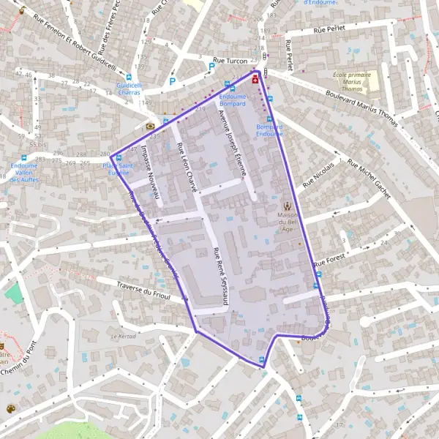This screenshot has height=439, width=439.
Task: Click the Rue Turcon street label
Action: (230, 59)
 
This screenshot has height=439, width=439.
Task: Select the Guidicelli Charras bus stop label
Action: (129, 89)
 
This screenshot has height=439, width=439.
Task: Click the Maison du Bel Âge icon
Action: (288, 207)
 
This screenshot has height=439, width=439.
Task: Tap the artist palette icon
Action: (11, 408)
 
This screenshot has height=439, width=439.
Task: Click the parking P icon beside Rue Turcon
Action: (211, 66)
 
